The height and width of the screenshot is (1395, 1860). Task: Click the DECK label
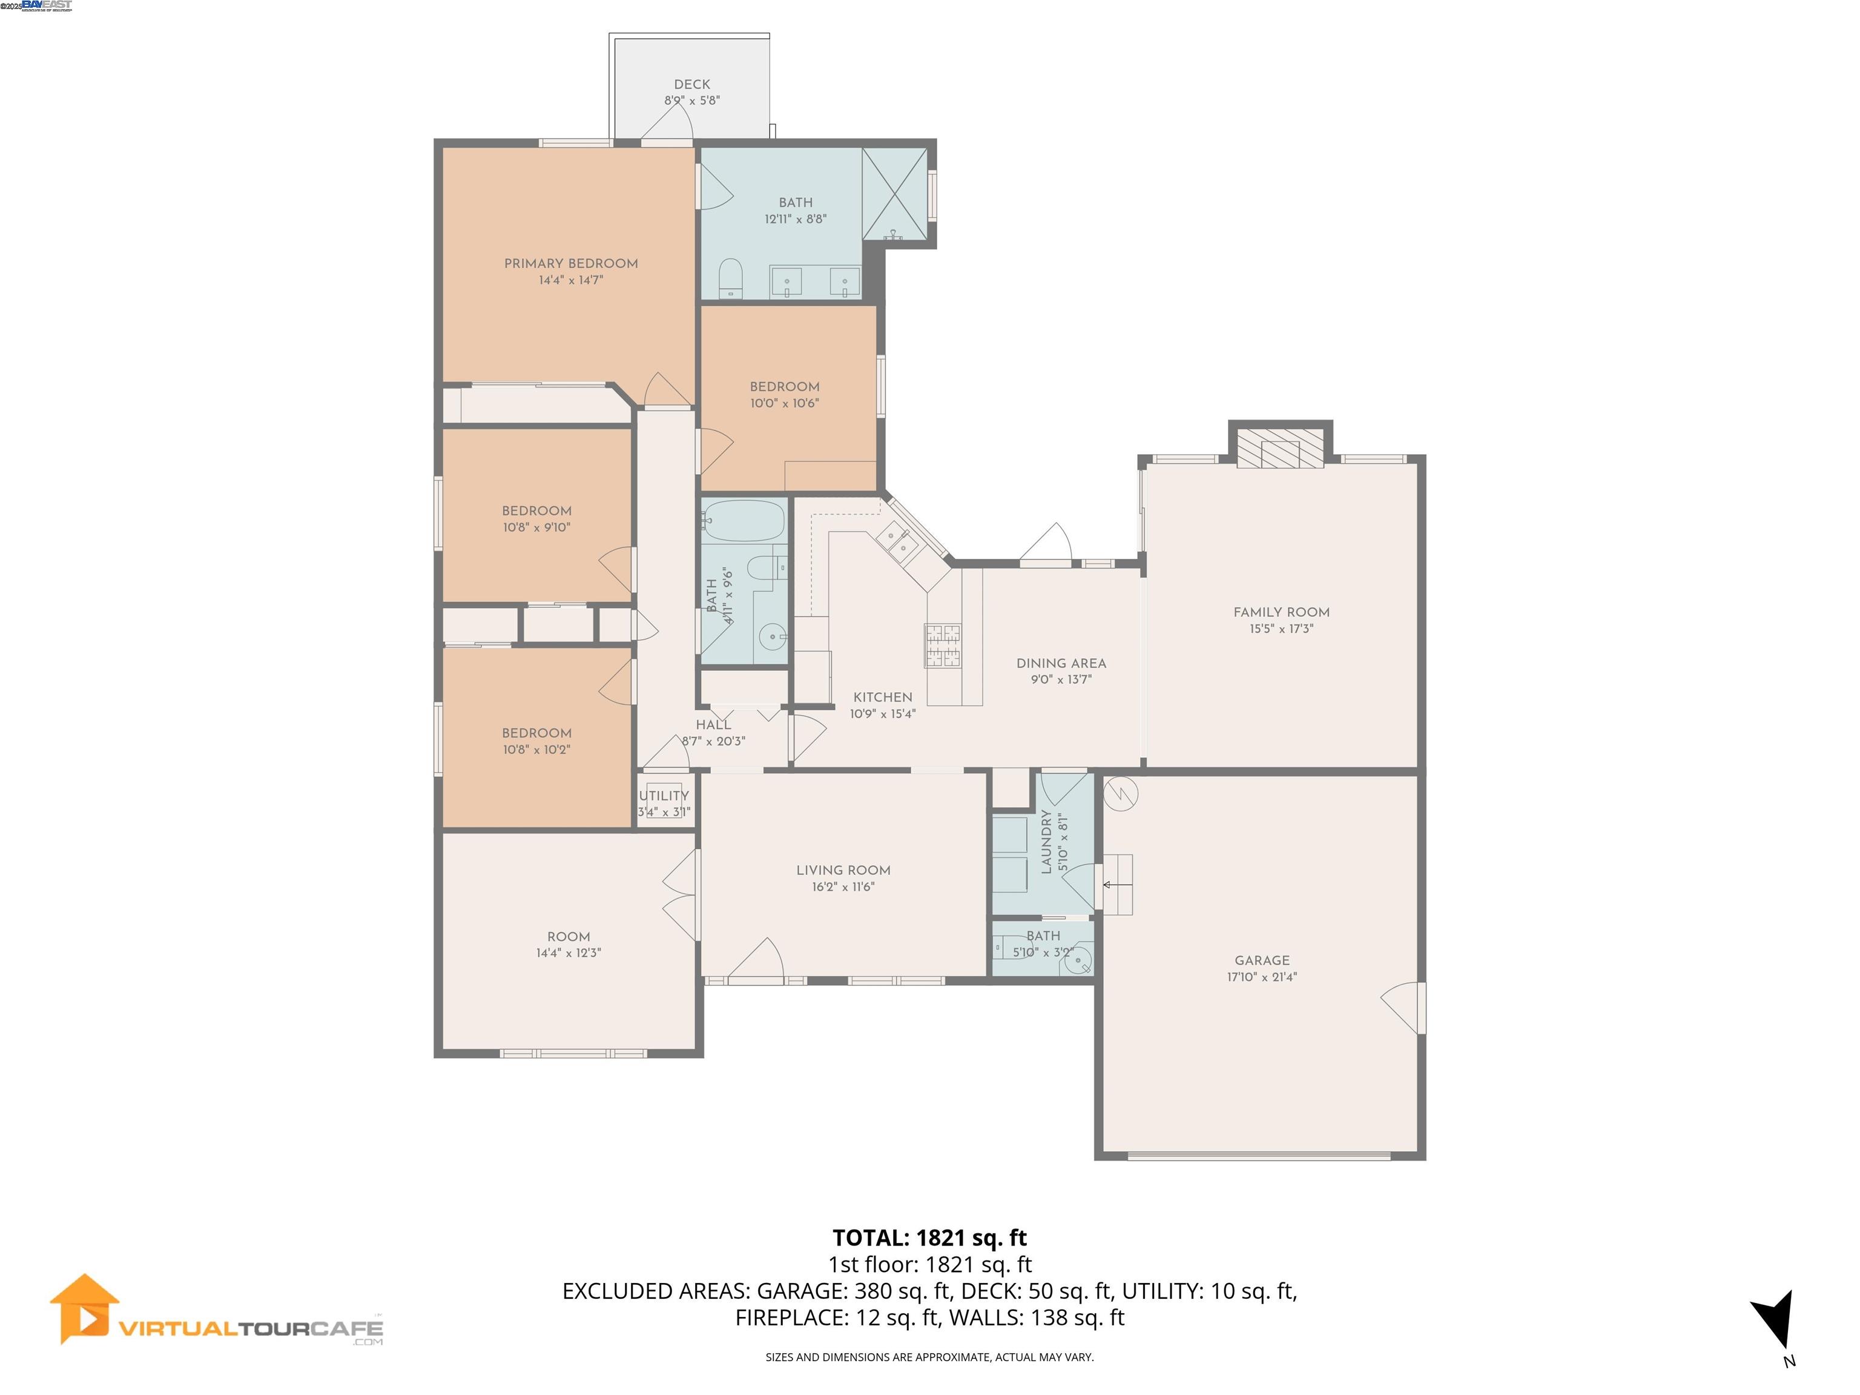[x=691, y=84]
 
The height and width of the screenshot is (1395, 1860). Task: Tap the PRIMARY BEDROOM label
[x=571, y=263]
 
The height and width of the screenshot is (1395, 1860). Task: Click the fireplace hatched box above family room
[x=1280, y=452]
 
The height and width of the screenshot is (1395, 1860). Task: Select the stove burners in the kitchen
[x=943, y=645]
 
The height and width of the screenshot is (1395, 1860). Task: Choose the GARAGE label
[x=1261, y=960]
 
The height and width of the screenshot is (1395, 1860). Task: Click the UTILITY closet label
[x=664, y=796]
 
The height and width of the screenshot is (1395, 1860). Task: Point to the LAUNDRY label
[x=1047, y=841]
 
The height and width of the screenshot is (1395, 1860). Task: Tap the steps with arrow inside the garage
[x=1118, y=885]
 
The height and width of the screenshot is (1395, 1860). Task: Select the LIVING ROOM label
[x=843, y=870]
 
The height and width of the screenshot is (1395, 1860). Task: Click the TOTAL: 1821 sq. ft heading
[x=929, y=1238]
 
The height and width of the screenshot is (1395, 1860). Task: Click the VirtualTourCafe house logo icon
[x=84, y=1308]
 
